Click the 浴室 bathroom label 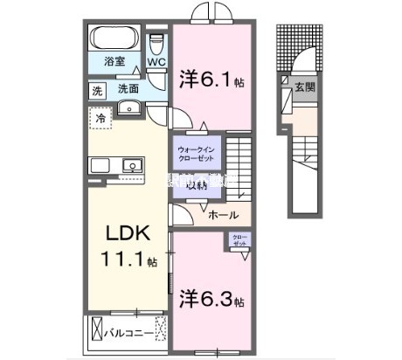[114, 63]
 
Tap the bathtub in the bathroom [113, 39]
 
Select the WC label [156, 63]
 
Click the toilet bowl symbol [156, 44]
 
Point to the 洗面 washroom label [128, 88]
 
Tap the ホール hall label [224, 212]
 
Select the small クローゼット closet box [239, 240]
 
